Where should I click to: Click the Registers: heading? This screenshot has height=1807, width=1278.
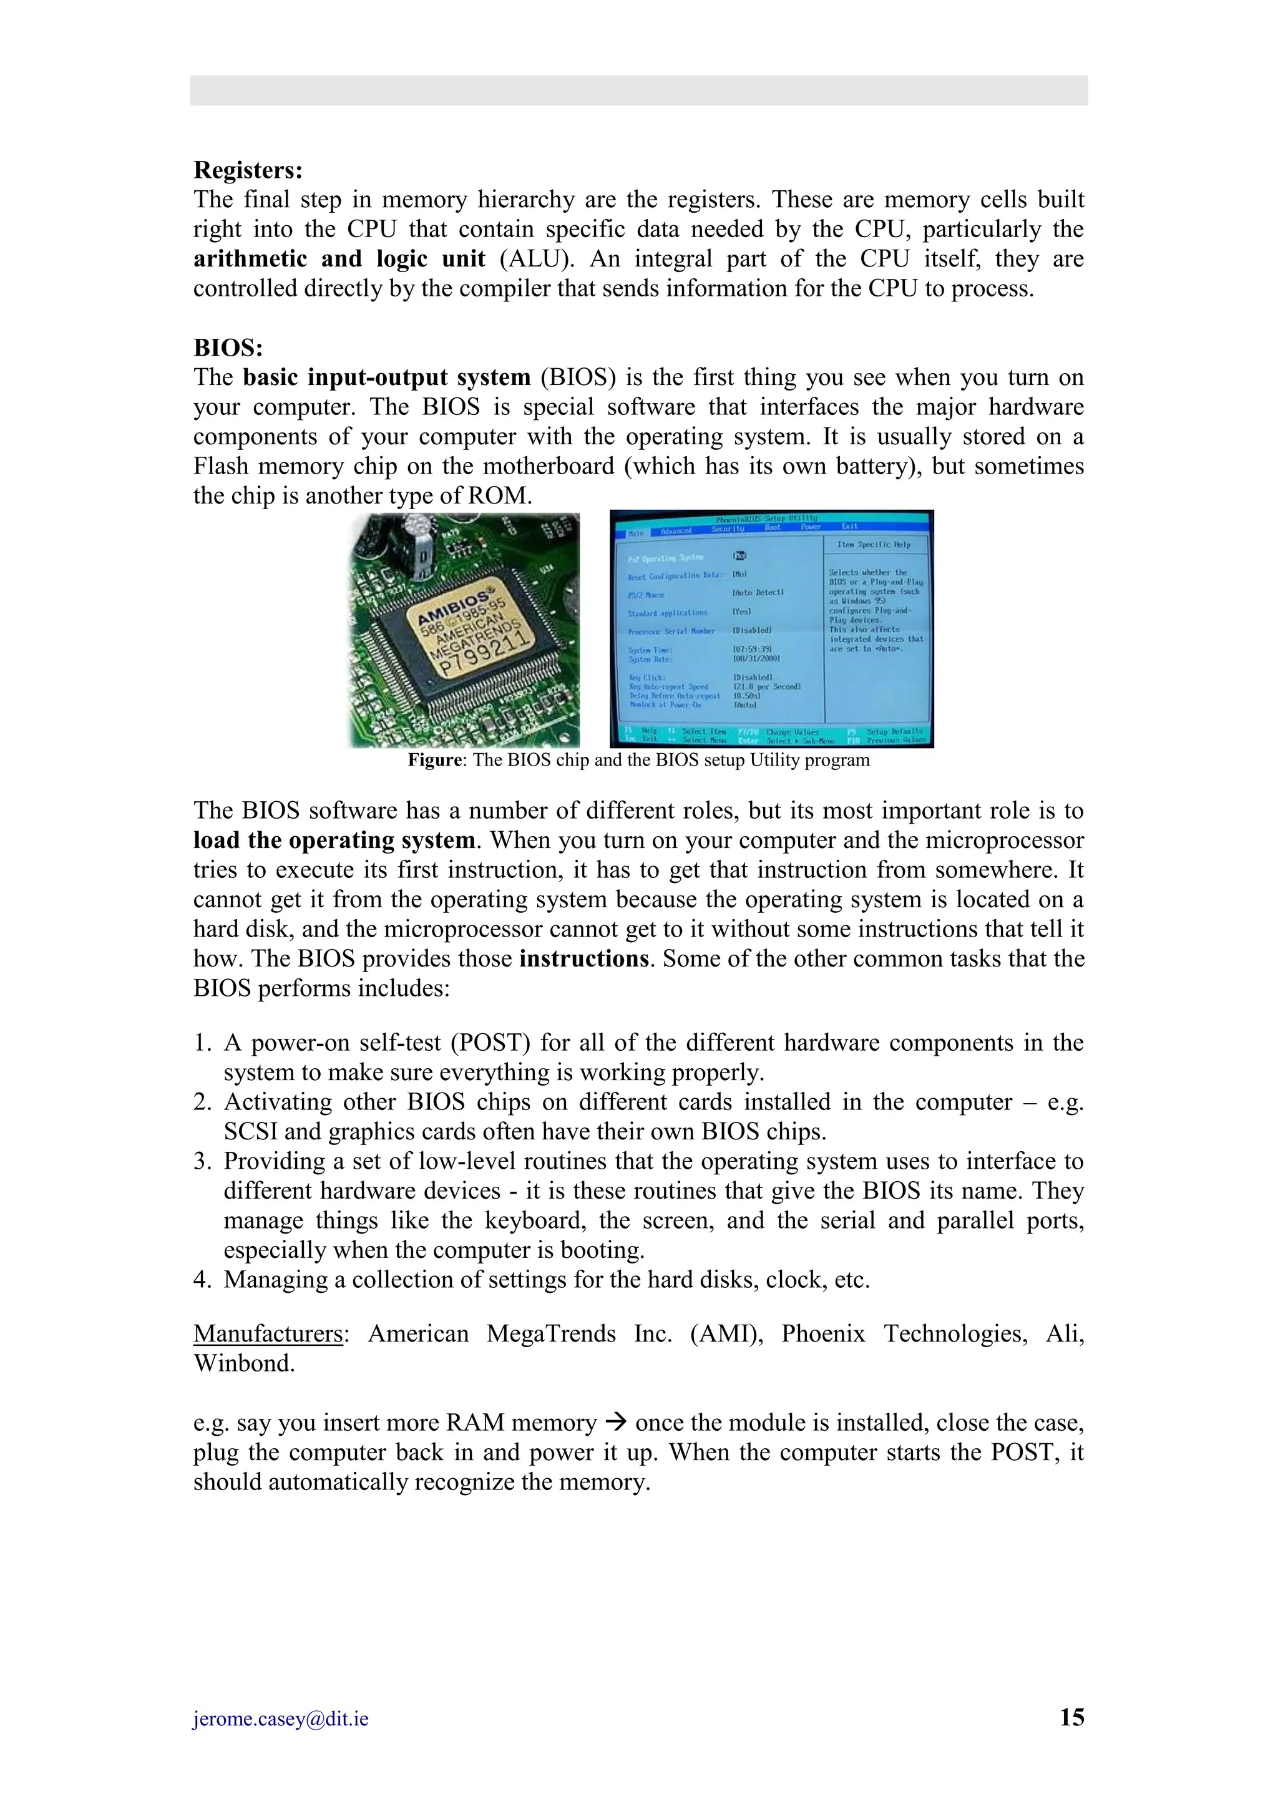248,170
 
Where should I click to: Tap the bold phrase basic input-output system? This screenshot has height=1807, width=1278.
386,377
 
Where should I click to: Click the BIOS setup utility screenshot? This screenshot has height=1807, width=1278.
771,630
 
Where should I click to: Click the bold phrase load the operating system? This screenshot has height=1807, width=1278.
334,840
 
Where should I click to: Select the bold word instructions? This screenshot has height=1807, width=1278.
583,958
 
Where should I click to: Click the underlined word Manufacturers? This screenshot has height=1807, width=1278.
268,1334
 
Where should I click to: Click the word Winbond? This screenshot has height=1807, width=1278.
244,1364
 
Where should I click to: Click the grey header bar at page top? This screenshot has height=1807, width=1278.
638,90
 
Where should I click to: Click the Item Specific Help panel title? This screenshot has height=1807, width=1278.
874,545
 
